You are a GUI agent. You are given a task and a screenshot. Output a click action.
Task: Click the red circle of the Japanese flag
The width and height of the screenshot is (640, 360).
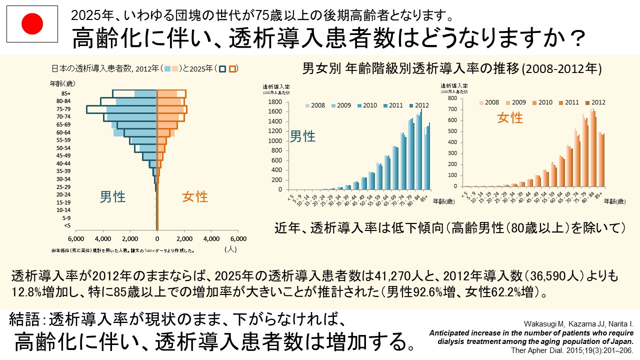tap(32, 23)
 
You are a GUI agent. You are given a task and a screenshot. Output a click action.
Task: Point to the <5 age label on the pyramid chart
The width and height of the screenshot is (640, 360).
tap(67, 225)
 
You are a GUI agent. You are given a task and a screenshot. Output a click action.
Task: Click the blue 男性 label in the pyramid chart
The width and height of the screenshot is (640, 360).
tap(112, 196)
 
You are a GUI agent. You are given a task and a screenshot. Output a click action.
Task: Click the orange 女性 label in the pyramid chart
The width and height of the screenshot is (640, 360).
tap(194, 196)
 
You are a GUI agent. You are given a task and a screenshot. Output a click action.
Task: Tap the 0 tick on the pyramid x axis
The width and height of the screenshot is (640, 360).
tap(157, 238)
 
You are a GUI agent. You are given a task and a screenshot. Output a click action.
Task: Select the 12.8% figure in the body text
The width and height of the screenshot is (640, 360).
tap(26, 291)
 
